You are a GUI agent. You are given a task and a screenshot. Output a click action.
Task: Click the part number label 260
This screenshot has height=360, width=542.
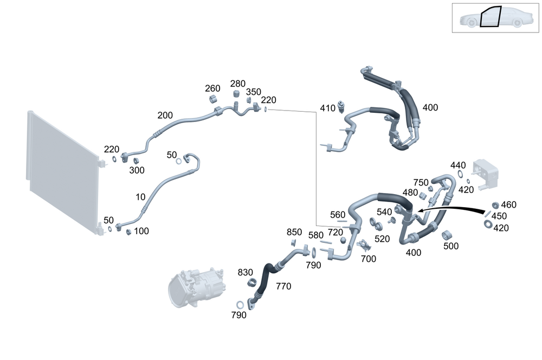[x=212, y=88]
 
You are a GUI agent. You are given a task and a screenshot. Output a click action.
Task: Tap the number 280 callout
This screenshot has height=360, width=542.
[x=238, y=83]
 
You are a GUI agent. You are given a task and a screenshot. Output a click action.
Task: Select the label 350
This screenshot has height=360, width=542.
[x=253, y=92]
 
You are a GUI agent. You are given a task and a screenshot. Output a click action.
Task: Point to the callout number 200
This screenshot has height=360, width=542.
[x=165, y=115]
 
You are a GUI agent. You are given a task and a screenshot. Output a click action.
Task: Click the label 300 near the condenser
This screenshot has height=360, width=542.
[x=137, y=170]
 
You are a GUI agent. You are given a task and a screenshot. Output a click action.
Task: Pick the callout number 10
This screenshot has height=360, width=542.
[x=140, y=197]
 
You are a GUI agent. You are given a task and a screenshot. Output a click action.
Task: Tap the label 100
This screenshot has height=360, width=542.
[x=141, y=231]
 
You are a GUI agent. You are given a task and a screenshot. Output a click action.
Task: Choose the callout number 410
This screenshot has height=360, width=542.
[x=328, y=108]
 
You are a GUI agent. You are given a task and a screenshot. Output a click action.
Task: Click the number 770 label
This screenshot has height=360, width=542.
[x=283, y=286]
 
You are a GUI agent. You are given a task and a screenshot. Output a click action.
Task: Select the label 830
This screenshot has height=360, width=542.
[x=245, y=273]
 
